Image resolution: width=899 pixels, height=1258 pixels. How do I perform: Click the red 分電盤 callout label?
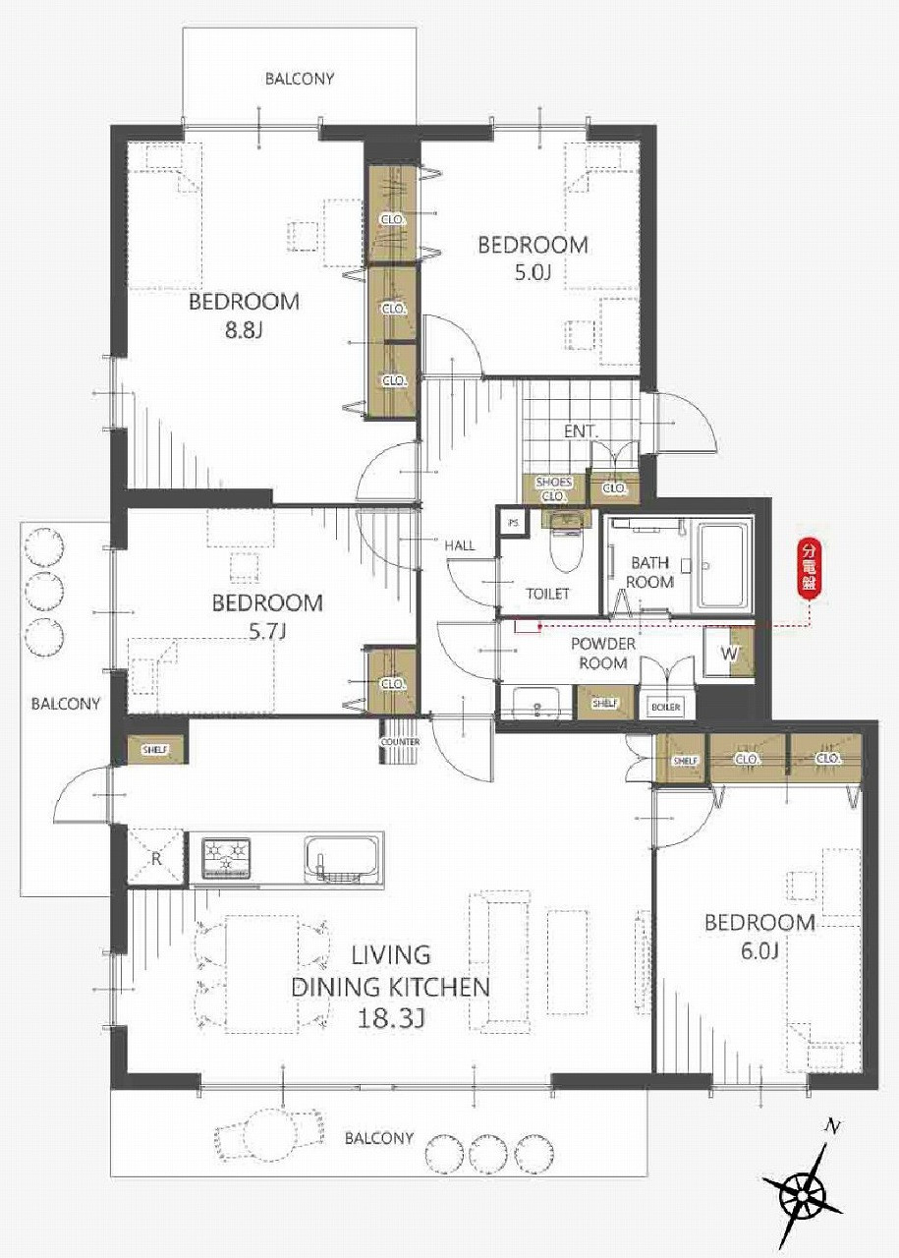[810, 567]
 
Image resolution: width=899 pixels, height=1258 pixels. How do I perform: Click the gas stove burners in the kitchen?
[226, 859]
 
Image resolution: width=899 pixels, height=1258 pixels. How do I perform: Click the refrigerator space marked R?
[155, 858]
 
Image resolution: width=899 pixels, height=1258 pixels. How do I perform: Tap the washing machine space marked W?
[729, 653]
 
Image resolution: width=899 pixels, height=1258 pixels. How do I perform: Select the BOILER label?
[665, 707]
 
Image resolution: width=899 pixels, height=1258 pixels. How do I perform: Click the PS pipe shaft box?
[513, 523]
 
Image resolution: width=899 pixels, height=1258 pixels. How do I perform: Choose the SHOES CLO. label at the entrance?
[554, 489]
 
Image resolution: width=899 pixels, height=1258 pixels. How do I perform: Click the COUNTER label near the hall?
[400, 742]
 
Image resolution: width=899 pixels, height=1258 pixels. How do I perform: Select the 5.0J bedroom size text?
[533, 272]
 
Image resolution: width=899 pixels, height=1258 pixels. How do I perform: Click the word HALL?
[460, 544]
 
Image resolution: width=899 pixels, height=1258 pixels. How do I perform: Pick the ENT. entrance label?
[581, 431]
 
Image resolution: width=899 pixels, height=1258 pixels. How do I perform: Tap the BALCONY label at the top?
[300, 79]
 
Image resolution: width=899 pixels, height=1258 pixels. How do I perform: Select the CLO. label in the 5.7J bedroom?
[393, 683]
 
